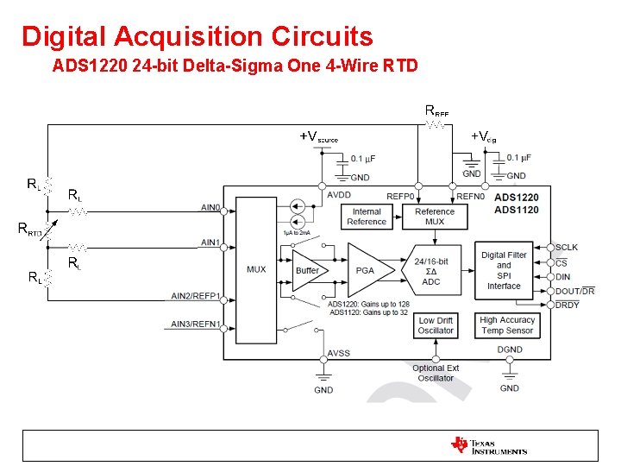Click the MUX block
pyautogui.click(x=256, y=269)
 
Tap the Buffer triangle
pyautogui.click(x=308, y=270)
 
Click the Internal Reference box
pyautogui.click(x=367, y=217)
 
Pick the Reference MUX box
pyautogui.click(x=435, y=217)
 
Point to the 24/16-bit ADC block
pyautogui.click(x=430, y=271)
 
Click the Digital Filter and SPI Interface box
pyautogui.click(x=504, y=270)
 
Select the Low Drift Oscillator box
pyautogui.click(x=436, y=325)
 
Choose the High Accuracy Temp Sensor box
pyautogui.click(x=507, y=325)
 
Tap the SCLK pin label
pyautogui.click(x=568, y=248)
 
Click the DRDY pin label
pyautogui.click(x=568, y=305)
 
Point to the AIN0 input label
pyautogui.click(x=210, y=207)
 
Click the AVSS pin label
pyautogui.click(x=339, y=354)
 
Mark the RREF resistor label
pyautogui.click(x=436, y=110)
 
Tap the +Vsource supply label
pyautogui.click(x=318, y=136)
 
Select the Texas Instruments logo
pyautogui.click(x=488, y=445)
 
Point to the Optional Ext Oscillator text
pyautogui.click(x=436, y=373)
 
